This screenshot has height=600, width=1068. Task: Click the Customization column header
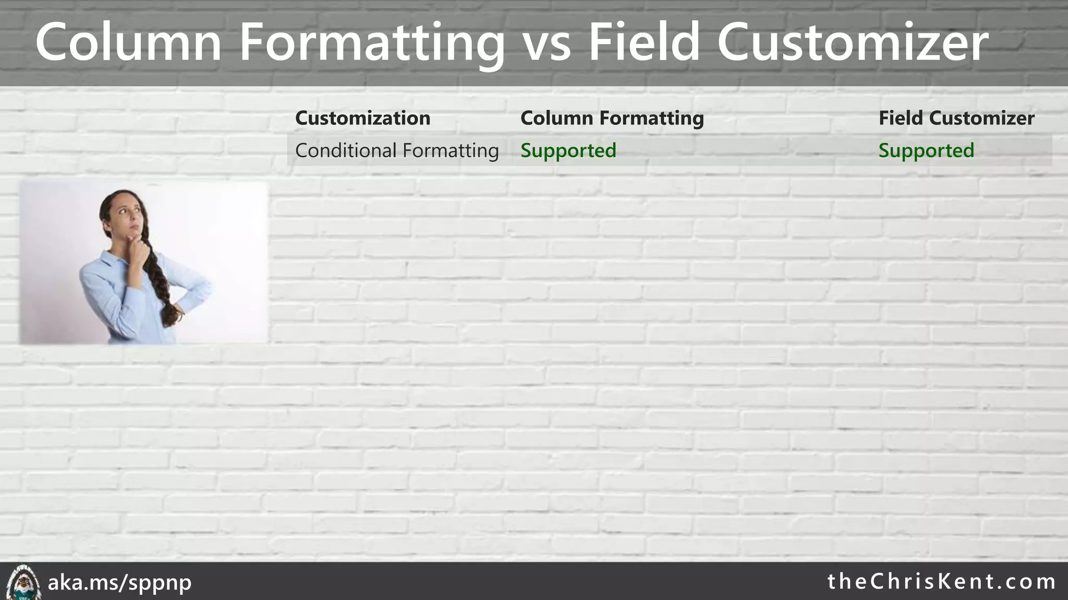point(362,118)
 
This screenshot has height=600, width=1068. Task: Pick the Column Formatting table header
point(612,118)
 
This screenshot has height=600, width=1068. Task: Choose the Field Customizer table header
point(956,118)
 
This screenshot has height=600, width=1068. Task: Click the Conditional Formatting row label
point(397,151)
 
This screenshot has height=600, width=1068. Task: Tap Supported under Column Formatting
point(568,151)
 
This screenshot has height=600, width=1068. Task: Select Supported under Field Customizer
point(926,151)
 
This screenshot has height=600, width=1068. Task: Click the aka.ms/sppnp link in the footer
point(119,582)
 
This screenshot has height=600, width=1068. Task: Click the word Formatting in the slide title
point(372,43)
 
